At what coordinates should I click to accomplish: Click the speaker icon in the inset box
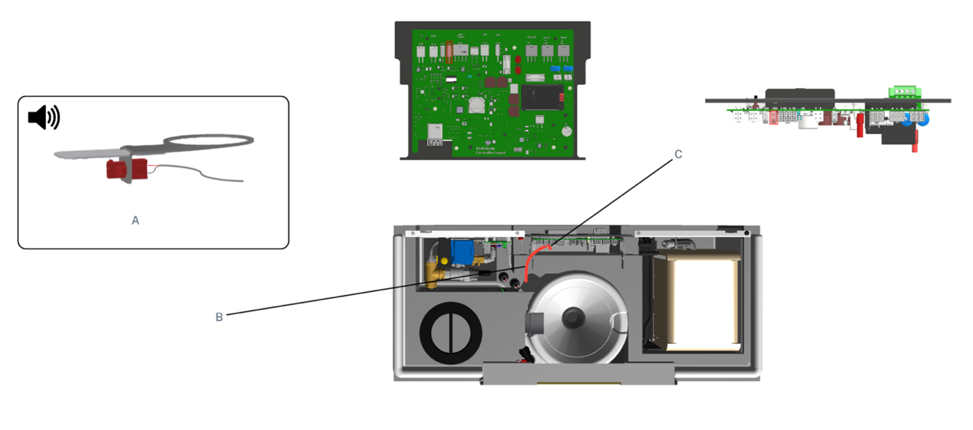coord(44,117)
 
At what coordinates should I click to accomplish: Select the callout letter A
coord(135,220)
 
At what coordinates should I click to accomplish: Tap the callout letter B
coord(219,317)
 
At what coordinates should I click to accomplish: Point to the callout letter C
coord(678,154)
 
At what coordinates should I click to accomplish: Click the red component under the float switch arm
coord(127,169)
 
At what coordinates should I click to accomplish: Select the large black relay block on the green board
coord(542,97)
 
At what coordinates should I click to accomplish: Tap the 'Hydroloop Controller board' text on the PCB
coord(490,150)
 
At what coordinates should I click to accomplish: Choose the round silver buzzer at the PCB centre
coord(477,105)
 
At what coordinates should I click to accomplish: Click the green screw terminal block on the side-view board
coord(905,92)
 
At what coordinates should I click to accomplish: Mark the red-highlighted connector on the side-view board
coord(773,117)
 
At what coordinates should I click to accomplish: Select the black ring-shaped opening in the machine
coord(451,333)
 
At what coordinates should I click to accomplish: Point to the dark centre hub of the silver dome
coord(573,318)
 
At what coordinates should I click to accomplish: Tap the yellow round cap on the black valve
coord(445,261)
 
